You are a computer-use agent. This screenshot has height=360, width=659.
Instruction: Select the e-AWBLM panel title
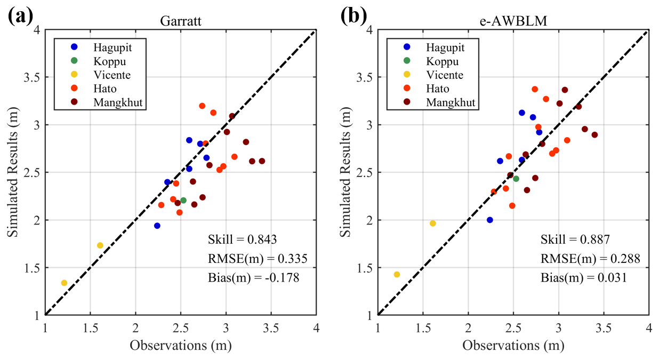513,21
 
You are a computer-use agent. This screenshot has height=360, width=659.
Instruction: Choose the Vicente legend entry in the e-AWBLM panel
444,75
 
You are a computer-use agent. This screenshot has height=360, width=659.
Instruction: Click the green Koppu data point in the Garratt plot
183,201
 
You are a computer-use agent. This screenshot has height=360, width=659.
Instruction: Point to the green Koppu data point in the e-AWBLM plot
516,179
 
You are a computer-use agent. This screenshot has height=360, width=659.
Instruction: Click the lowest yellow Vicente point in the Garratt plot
64,283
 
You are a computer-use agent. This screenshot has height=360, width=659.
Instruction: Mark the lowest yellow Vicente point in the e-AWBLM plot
397,274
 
